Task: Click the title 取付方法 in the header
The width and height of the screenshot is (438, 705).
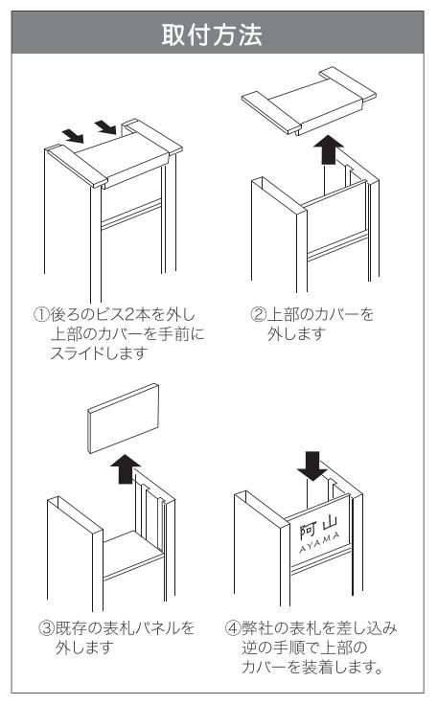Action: coord(212,35)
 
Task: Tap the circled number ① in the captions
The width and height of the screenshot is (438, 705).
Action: coord(41,314)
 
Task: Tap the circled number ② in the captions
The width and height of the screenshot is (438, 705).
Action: coord(259,314)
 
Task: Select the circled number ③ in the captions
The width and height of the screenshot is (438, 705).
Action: coord(47,627)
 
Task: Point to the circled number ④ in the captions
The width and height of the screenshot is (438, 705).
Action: coord(233,627)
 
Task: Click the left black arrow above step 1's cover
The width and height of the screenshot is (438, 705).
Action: coord(73,135)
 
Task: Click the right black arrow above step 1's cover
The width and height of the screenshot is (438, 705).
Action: coord(105,126)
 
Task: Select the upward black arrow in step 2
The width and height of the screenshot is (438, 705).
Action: coord(329,149)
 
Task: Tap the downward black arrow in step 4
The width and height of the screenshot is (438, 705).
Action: coord(312,466)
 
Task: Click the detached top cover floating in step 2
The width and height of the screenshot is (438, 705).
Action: coord(309,101)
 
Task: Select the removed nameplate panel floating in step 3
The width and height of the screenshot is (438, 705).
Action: coord(124,419)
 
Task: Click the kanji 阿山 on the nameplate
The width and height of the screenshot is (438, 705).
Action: coord(318,526)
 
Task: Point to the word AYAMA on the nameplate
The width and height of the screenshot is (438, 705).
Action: coord(320,542)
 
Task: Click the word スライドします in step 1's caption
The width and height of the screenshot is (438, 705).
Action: coord(99,353)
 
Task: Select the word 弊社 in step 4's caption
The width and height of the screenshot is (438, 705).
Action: coord(257,627)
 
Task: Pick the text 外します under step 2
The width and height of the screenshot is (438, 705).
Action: coord(296,333)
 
